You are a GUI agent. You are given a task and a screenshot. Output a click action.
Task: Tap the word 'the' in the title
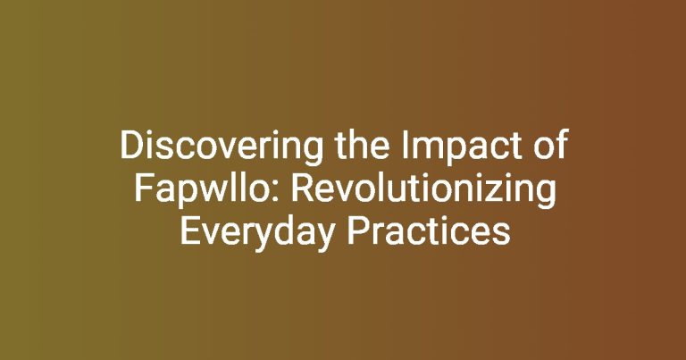[363, 145]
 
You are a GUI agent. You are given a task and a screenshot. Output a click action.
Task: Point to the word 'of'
[551, 145]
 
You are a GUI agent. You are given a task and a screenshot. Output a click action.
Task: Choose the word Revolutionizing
[423, 190]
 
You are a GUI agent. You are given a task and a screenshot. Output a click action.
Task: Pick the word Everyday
[257, 233]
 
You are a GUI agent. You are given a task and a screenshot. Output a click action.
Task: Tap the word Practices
[429, 231]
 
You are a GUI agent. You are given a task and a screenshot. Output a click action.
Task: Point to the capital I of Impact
[405, 145]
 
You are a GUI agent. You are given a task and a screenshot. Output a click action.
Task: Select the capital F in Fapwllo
[145, 188]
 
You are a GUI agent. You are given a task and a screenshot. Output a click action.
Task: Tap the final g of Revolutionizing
[547, 196]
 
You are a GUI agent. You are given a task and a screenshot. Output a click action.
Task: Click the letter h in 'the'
[360, 145]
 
